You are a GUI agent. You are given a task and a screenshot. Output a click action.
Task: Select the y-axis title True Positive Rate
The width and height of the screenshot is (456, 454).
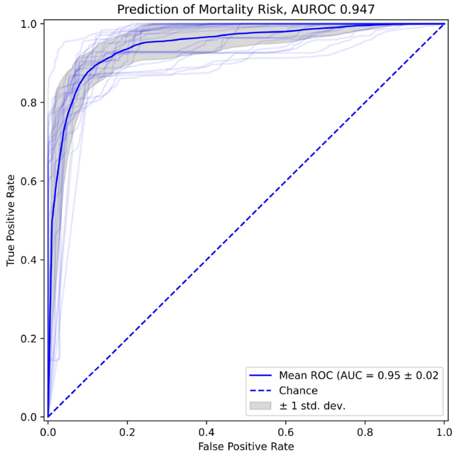pyautogui.click(x=11, y=220)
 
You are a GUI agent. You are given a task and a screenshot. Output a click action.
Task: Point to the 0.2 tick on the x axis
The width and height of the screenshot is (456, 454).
pyautogui.click(x=127, y=431)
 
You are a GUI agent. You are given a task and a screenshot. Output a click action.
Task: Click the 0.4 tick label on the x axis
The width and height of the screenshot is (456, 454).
pyautogui.click(x=206, y=431)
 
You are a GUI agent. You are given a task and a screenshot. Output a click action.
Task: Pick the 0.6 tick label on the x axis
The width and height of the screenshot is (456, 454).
pyautogui.click(x=286, y=431)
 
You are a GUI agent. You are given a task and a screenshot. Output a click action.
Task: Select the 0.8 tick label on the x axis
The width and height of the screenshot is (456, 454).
pyautogui.click(x=365, y=431)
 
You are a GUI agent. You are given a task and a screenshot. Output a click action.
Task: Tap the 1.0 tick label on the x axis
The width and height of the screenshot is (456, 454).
pyautogui.click(x=444, y=431)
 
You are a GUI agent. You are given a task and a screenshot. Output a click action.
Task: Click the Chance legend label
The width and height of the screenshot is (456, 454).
pyautogui.click(x=298, y=390)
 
